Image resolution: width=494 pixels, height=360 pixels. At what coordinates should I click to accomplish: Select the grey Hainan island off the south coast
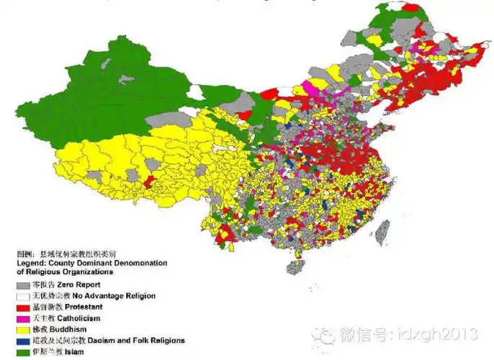(x=295, y=268)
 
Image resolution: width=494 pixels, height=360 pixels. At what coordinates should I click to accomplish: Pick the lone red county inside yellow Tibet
(x=150, y=179)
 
